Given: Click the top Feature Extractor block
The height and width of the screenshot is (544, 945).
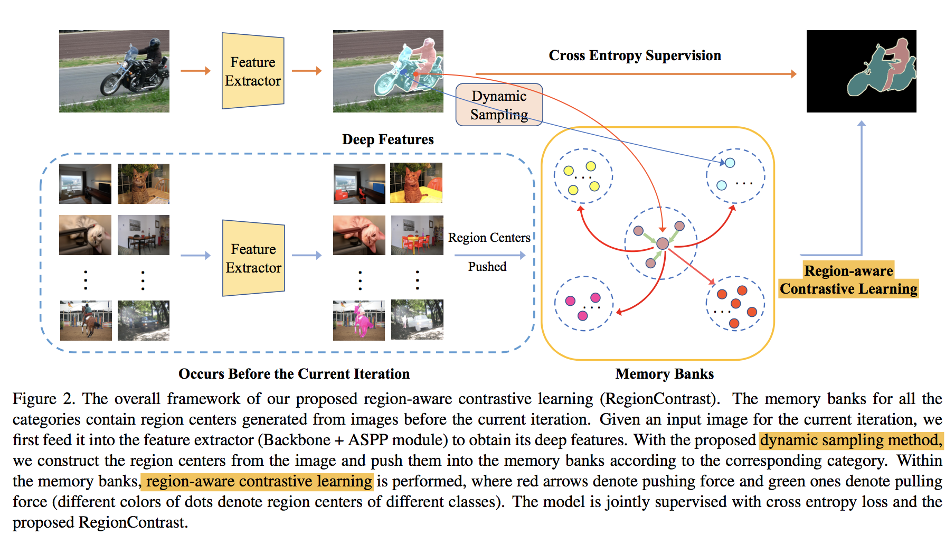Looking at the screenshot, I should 253,71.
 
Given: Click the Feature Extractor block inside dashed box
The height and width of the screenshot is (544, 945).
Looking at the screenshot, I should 253,258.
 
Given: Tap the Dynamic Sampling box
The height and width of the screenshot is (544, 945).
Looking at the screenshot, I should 499,105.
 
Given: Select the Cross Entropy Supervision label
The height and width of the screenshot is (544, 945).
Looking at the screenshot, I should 635,55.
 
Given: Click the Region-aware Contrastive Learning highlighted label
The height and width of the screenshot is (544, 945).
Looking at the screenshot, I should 848,280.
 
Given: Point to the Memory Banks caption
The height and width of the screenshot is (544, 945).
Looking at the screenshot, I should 664,374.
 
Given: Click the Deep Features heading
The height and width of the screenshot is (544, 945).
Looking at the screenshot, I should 388,139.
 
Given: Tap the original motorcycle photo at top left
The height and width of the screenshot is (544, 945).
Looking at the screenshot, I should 114,71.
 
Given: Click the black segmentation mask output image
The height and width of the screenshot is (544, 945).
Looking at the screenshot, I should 861,71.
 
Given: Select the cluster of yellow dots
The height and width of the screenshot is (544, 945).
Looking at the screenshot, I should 583,176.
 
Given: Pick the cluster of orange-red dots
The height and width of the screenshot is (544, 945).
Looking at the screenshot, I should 735,304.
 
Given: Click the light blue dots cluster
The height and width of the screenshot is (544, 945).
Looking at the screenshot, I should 735,176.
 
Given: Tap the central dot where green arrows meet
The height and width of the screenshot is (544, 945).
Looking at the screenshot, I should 663,243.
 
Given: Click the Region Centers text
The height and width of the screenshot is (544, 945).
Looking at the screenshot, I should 489,238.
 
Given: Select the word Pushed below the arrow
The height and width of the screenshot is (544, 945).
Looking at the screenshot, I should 487,267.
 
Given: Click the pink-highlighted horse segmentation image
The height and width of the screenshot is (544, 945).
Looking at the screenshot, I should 359,320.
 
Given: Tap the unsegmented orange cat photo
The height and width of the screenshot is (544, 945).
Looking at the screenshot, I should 143,183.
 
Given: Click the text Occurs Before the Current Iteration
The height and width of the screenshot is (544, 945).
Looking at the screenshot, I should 294,374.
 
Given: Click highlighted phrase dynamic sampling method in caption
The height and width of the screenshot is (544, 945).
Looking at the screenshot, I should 850,440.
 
